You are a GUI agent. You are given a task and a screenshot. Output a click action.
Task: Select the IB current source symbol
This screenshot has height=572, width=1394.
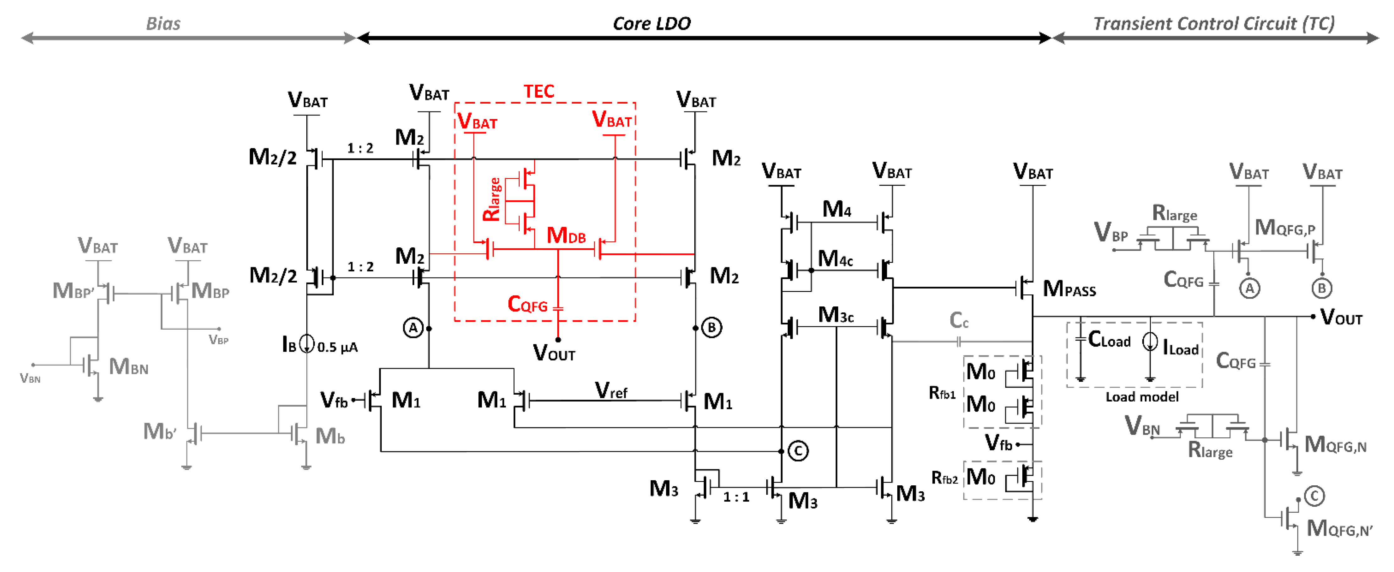pyautogui.click(x=307, y=343)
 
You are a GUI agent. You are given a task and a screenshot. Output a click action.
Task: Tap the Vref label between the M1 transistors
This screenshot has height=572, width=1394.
pyautogui.click(x=611, y=390)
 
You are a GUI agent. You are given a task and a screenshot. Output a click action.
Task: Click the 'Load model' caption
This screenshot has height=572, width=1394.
pyautogui.click(x=1142, y=397)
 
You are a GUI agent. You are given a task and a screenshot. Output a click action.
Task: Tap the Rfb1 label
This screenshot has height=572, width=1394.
pyautogui.click(x=942, y=393)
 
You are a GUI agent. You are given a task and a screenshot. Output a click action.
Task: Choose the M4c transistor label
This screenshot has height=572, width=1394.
pyautogui.click(x=835, y=259)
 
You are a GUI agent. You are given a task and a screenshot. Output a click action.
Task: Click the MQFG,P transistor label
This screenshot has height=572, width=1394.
pyautogui.click(x=1284, y=228)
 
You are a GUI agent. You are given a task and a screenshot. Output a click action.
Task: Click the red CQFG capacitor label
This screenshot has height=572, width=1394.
pyautogui.click(x=528, y=305)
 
